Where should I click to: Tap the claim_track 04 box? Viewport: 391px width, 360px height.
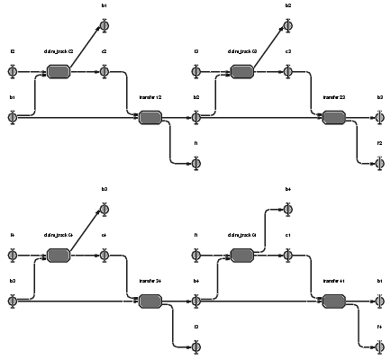(59, 256)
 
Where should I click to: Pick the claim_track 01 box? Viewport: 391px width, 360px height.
(242, 256)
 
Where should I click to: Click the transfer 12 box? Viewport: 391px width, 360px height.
(150, 117)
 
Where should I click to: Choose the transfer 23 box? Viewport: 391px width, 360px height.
(334, 117)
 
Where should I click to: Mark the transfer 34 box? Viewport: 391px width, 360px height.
(150, 301)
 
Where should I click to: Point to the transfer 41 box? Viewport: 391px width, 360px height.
(334, 301)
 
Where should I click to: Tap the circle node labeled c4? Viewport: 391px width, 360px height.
(105, 256)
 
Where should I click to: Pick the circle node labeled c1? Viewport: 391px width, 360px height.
(288, 256)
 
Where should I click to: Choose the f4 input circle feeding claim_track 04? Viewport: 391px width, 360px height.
(13, 256)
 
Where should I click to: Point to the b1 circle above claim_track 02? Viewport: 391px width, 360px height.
(105, 25)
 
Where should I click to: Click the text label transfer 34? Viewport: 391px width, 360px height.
(150, 282)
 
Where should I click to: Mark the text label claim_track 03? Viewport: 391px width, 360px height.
(242, 51)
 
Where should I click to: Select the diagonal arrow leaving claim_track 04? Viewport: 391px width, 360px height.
(85, 229)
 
